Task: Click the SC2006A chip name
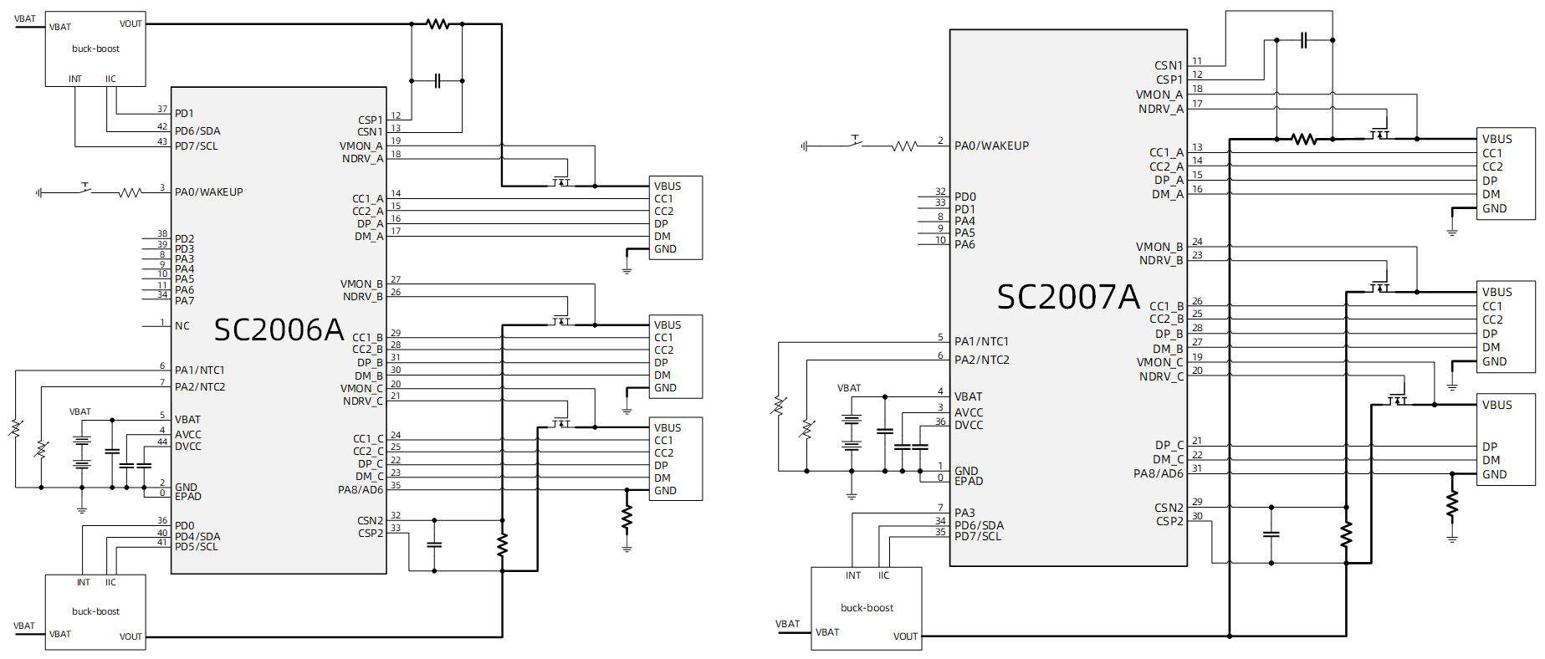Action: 279,330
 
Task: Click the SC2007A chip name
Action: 1067,297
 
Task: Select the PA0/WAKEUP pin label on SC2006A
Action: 208,192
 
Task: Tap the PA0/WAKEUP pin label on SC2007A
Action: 991,146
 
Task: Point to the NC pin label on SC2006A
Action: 182,326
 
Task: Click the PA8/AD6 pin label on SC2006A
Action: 360,490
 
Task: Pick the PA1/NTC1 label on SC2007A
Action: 981,341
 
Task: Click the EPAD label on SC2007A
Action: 969,482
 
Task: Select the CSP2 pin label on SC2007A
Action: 1169,521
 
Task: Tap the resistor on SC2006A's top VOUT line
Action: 437,24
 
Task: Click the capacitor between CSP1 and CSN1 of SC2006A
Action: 437,81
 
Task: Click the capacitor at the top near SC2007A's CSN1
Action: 1303,39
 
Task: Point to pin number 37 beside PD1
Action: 162,109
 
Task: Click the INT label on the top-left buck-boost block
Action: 75,79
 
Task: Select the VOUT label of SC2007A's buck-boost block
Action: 905,636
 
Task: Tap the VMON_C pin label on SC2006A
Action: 361,389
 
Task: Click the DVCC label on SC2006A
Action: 188,447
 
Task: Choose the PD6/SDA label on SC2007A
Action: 979,525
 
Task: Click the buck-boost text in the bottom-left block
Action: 95,611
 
